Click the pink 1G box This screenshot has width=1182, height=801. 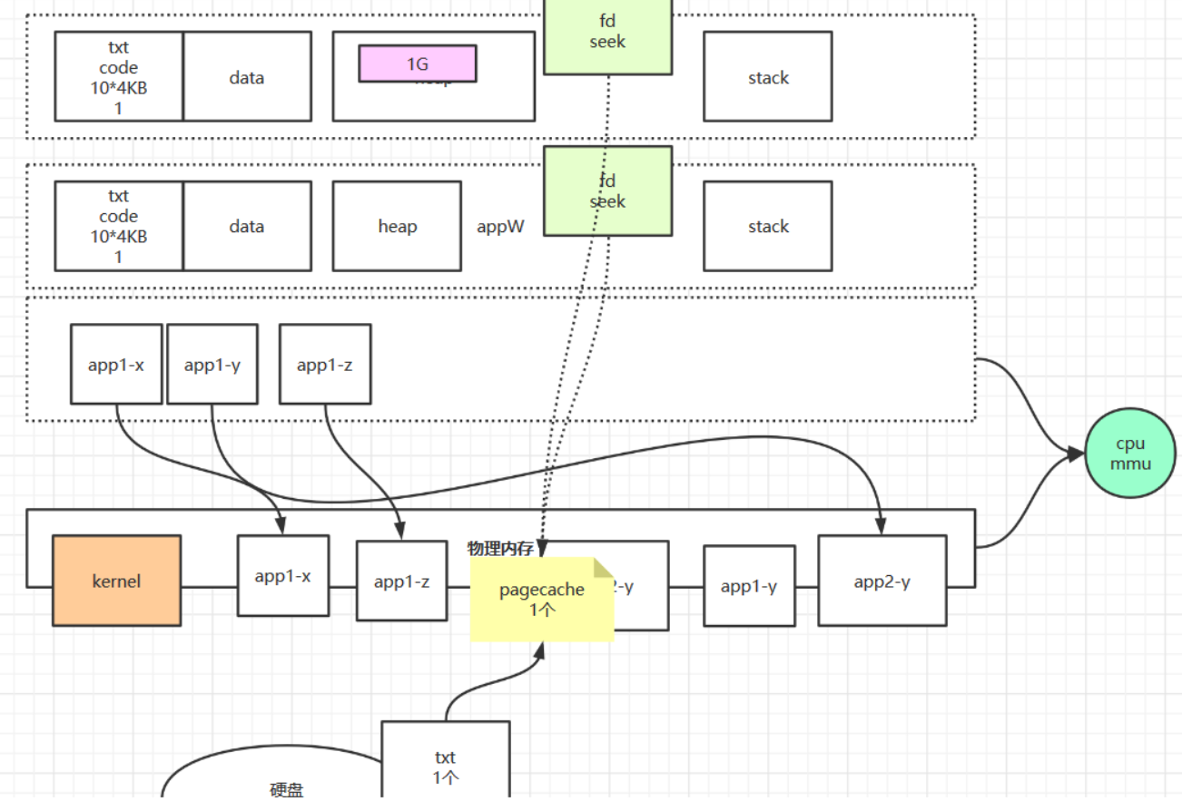[418, 63]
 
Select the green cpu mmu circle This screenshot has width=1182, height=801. [1130, 454]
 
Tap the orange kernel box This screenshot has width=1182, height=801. [116, 581]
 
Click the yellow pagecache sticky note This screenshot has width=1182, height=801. [541, 600]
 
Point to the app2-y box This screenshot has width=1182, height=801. [882, 581]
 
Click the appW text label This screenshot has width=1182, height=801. [500, 227]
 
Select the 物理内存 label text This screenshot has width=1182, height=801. [500, 548]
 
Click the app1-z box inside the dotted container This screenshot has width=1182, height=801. [324, 365]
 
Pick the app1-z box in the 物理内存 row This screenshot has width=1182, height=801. [401, 581]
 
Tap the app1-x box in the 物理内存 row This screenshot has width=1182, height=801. [282, 576]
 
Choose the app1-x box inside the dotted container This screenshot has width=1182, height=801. [116, 365]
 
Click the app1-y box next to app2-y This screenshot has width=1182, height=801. [749, 586]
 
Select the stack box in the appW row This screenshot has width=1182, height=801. [767, 227]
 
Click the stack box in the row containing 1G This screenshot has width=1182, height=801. [767, 77]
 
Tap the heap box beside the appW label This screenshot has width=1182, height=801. [397, 227]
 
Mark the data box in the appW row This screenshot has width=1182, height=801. [247, 227]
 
